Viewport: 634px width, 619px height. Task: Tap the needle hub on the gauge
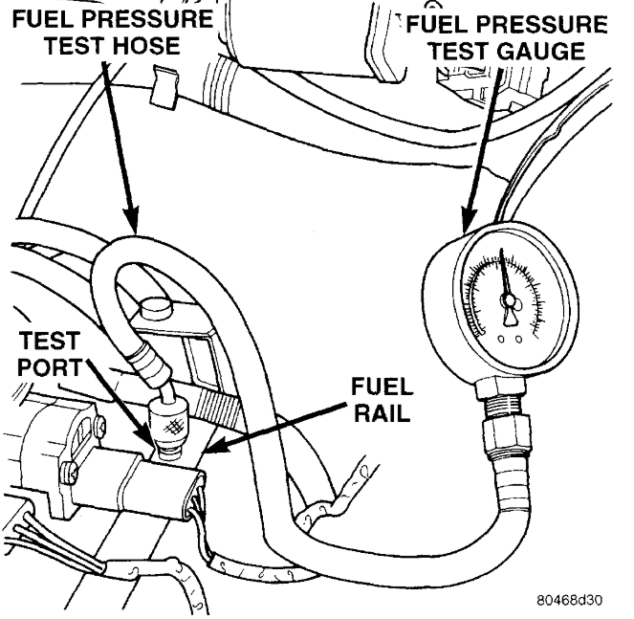508,304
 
